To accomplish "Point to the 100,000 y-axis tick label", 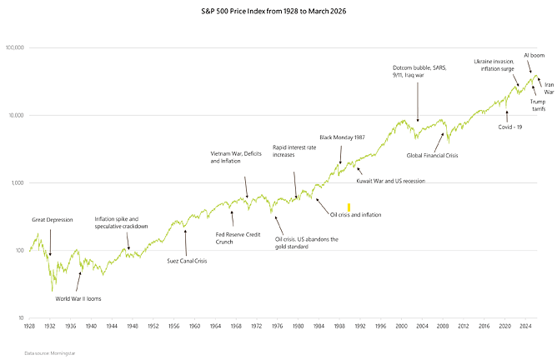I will tap(14, 48).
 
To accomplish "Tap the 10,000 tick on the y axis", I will tap(16, 116).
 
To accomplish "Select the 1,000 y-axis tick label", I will tap(18, 183).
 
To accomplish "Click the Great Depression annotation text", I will tap(53, 220).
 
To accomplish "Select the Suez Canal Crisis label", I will tap(185, 261).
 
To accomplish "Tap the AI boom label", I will tap(534, 54).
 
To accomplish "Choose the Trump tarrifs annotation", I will tap(538, 105).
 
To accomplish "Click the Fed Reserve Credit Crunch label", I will tap(238, 237).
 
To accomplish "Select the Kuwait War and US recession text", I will tap(391, 180).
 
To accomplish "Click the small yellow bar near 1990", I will tap(349, 206).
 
